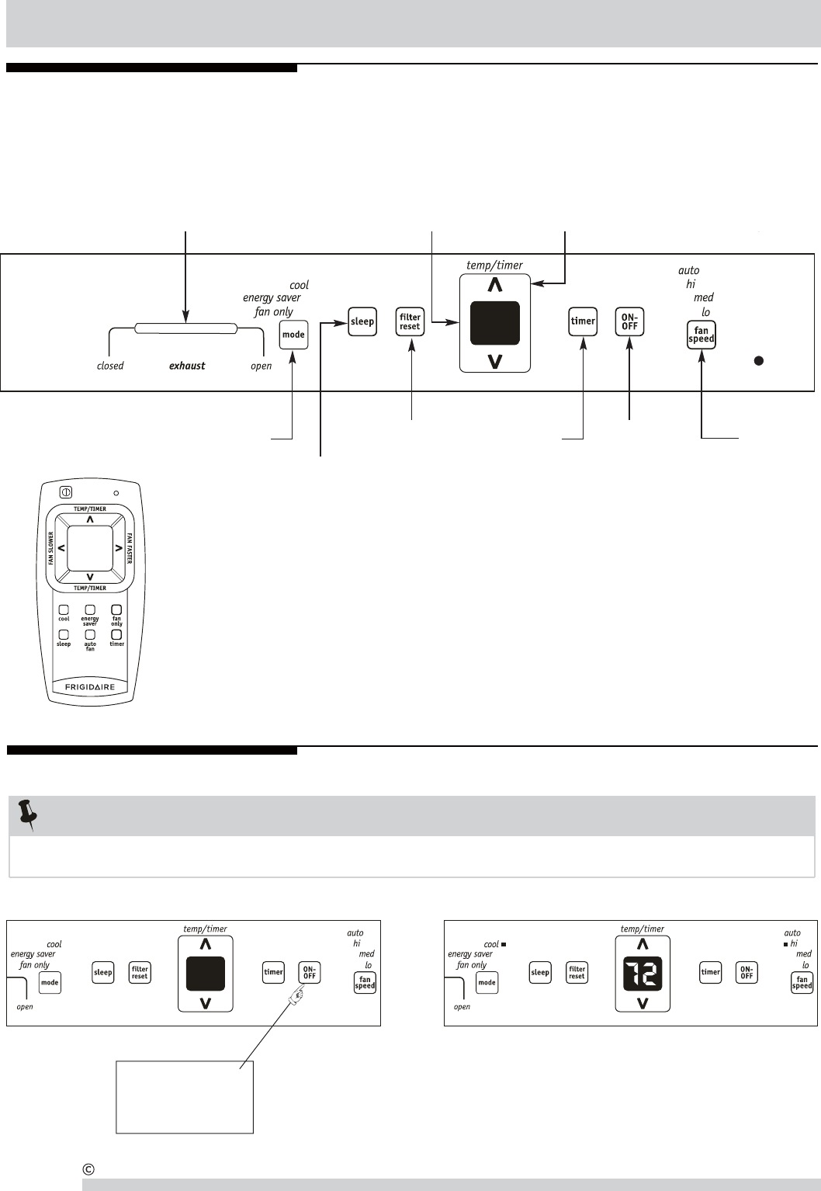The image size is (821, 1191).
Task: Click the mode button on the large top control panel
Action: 293,335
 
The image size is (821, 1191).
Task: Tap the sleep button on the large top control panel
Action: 362,321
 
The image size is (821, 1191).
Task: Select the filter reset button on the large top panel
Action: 410,321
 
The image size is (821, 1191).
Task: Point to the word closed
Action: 110,366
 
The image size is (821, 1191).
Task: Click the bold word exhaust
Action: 187,366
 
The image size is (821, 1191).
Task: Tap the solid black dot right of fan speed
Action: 760,360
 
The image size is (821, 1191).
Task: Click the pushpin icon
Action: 27,814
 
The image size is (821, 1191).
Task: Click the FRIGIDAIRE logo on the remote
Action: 90,688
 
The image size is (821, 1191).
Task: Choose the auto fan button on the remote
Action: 90,634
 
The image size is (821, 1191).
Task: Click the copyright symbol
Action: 88,1168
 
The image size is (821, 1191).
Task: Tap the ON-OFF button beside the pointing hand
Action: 309,972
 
